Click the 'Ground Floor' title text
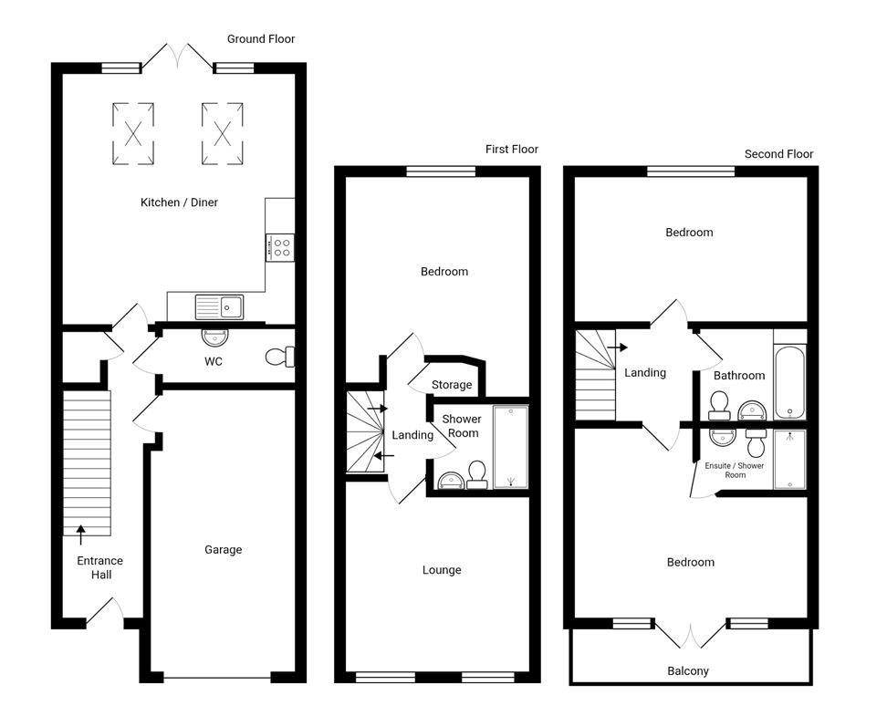(261, 39)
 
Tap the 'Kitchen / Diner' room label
(179, 202)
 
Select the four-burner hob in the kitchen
(279, 247)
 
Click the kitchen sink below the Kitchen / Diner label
(219, 307)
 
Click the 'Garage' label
(223, 549)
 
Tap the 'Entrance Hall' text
(99, 567)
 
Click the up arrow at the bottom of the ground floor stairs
(80, 535)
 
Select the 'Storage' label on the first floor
(452, 385)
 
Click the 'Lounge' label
(442, 570)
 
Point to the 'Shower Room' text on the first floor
(463, 426)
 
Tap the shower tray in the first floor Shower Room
(510, 447)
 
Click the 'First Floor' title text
(511, 149)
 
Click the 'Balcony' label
(688, 670)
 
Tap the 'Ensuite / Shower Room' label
(735, 470)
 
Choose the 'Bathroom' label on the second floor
(739, 375)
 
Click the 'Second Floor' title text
(778, 154)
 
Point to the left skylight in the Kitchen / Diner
(133, 134)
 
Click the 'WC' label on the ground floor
(214, 361)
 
